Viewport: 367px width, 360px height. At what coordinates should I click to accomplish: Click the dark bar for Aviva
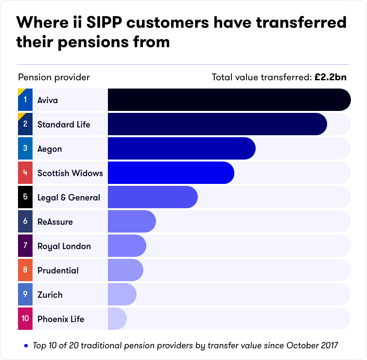(x=228, y=100)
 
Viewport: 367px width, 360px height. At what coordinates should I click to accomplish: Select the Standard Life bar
(x=217, y=124)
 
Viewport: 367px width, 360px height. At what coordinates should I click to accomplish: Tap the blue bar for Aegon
(x=181, y=148)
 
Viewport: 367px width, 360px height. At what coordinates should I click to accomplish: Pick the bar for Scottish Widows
(x=171, y=173)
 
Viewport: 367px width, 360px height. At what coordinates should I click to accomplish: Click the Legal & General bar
(x=152, y=197)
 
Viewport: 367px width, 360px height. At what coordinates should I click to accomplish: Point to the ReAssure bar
(x=131, y=221)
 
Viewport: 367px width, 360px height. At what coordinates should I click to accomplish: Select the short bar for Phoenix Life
(x=117, y=319)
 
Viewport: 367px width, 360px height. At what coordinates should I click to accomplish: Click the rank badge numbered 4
(x=25, y=173)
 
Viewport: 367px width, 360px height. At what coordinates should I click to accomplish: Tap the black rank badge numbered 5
(x=25, y=197)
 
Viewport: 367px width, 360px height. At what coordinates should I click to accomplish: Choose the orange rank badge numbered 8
(x=25, y=270)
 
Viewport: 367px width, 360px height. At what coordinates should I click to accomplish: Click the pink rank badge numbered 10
(x=25, y=319)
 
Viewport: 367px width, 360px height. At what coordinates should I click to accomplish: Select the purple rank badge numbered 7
(x=25, y=246)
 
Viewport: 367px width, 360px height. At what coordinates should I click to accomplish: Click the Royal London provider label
(x=64, y=246)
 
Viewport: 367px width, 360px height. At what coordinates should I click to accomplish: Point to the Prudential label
(x=58, y=270)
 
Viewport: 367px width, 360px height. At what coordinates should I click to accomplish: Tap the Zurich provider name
(x=50, y=295)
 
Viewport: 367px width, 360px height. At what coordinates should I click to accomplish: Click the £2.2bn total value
(x=331, y=77)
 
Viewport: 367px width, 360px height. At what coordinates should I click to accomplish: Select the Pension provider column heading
(x=54, y=77)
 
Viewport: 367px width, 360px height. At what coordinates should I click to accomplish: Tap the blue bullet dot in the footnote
(x=26, y=346)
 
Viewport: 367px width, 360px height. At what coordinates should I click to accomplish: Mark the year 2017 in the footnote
(x=327, y=346)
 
